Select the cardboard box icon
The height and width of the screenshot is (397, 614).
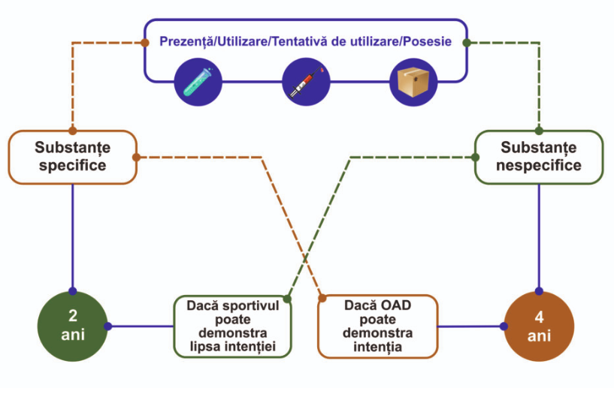[x=411, y=81]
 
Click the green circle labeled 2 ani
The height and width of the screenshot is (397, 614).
[x=73, y=326]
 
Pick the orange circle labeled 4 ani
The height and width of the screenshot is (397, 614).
[x=539, y=326]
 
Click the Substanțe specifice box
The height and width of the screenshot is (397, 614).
[x=73, y=157]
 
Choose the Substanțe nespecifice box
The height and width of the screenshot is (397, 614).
[x=538, y=157]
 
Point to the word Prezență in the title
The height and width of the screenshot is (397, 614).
[x=186, y=41]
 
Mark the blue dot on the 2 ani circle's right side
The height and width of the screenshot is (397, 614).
[x=107, y=326]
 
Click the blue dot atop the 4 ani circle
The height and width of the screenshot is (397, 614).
[x=539, y=291]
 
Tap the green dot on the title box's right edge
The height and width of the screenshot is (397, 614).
[x=467, y=42]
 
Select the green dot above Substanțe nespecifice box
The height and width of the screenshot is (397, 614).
[x=539, y=131]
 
